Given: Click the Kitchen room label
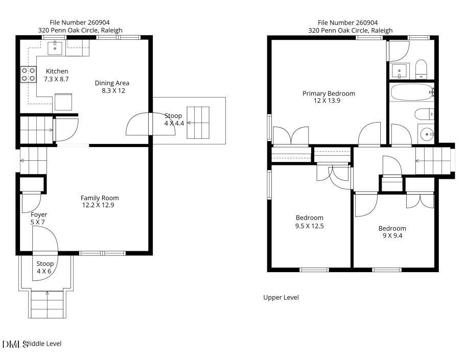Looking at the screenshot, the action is click(x=57, y=71).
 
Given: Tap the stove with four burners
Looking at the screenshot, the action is click(x=29, y=75).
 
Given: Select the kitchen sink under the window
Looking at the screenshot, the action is click(x=55, y=49).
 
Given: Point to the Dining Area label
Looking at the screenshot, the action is click(x=112, y=83).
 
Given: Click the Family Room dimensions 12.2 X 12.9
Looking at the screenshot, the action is click(x=98, y=205).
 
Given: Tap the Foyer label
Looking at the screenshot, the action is click(x=39, y=214).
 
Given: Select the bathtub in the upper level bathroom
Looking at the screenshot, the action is click(x=412, y=92).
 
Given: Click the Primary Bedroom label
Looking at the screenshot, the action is click(x=329, y=93).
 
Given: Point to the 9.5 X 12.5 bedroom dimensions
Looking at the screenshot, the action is click(x=309, y=226).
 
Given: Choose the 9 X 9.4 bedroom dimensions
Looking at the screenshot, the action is click(x=392, y=236).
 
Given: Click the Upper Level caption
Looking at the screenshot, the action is click(x=281, y=298).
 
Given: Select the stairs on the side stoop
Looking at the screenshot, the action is click(x=198, y=123).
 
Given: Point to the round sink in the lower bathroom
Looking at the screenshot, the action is click(x=427, y=134).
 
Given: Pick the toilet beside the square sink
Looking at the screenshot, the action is click(x=421, y=69).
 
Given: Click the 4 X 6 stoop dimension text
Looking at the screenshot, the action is click(x=44, y=271).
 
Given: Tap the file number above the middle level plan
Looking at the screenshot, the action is click(x=80, y=22).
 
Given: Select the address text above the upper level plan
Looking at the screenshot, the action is click(x=350, y=30).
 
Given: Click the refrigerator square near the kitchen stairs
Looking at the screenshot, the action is click(x=63, y=102).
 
